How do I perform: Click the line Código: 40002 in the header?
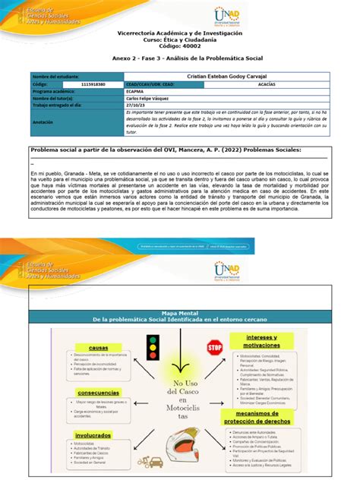[179, 48]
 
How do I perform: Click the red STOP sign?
[214, 347]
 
